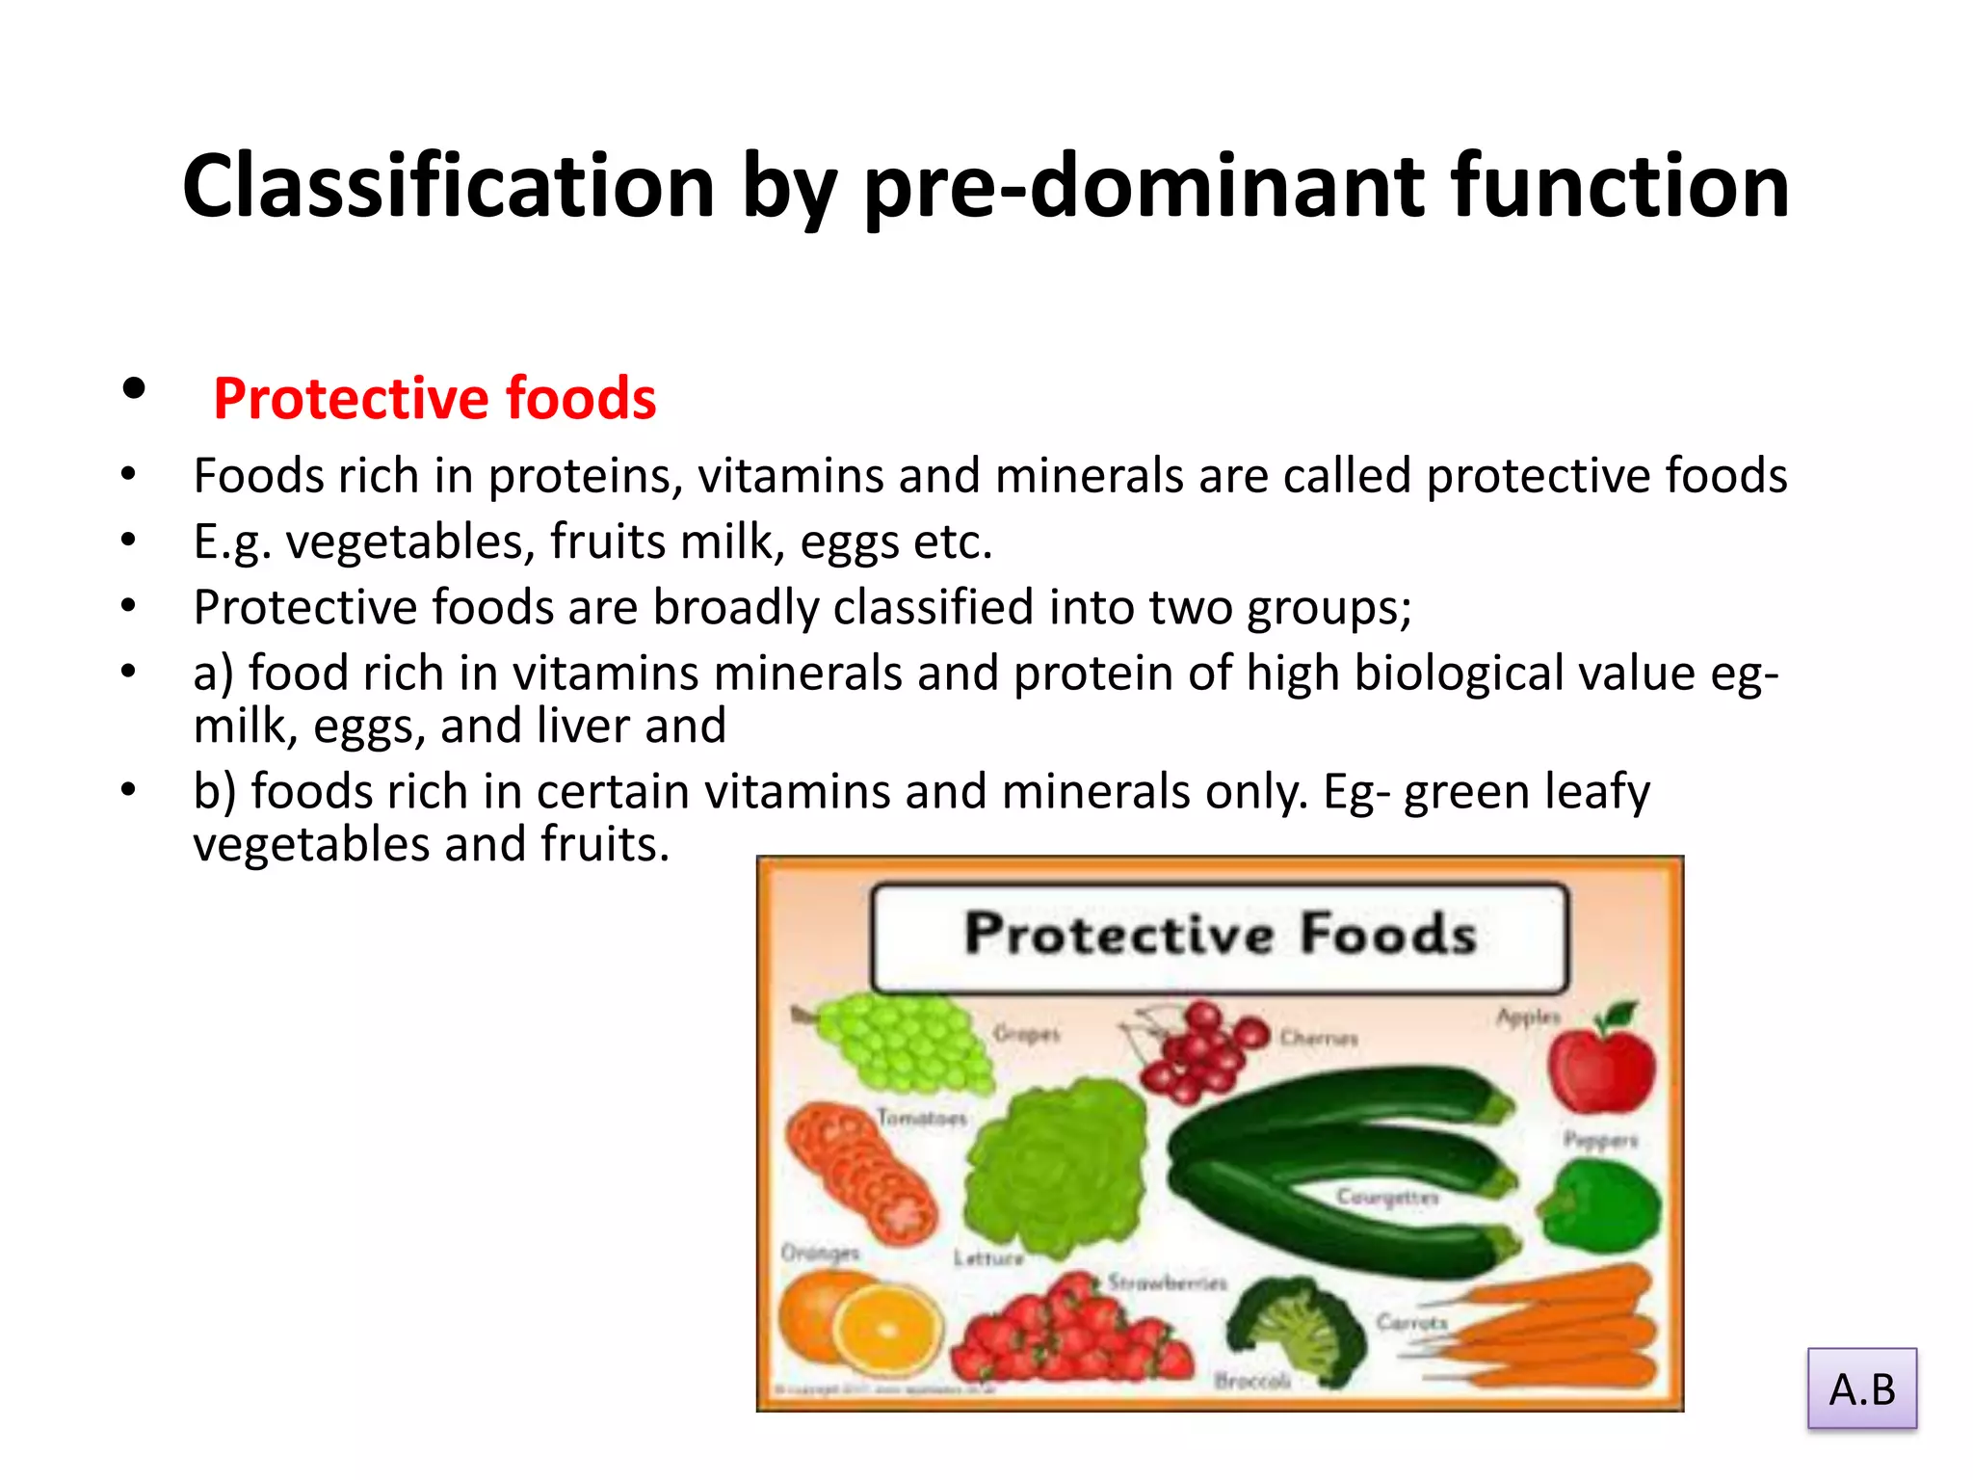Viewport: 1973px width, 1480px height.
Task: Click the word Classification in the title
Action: [x=448, y=186]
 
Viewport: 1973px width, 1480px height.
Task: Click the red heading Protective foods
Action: [x=434, y=398]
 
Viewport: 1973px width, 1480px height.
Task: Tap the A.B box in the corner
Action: [x=1861, y=1388]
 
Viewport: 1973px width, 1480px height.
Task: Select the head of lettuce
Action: [x=1055, y=1166]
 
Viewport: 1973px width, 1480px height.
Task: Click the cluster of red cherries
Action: [x=1199, y=1054]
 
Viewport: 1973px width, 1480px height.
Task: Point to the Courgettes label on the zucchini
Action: [x=1386, y=1197]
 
